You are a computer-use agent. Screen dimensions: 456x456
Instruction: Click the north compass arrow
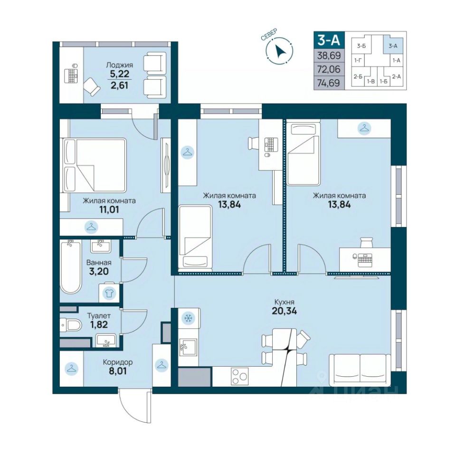pos(281,51)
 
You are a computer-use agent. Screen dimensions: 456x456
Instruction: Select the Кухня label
pos(284,302)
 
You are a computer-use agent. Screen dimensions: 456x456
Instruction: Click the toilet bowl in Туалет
pos(71,324)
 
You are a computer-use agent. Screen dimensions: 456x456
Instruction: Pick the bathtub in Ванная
pos(70,266)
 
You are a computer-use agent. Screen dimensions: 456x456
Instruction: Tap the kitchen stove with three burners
pos(239,377)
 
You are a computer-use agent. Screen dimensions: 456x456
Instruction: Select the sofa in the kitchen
pos(360,370)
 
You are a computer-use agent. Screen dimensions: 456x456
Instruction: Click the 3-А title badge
pos(329,39)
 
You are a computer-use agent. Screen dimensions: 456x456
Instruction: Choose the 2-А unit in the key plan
pos(396,77)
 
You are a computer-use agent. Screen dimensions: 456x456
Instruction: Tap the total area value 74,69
pos(329,83)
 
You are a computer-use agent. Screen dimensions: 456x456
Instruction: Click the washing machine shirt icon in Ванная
pos(109,294)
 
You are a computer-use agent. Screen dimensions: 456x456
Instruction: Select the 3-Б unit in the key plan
pos(361,46)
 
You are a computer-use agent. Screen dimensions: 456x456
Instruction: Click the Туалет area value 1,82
pos(99,324)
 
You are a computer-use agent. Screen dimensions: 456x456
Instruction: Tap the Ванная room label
pos(99,263)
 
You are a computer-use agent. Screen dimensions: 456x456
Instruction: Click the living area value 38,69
pos(329,55)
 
